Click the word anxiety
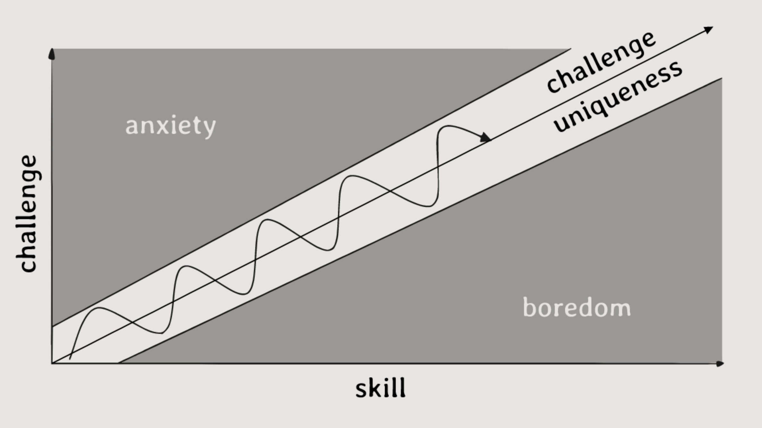[170, 126]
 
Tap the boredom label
[577, 308]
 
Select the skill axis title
[380, 388]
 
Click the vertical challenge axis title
[28, 214]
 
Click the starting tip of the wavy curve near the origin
[70, 358]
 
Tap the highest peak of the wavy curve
[447, 126]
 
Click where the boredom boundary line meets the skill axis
[119, 363]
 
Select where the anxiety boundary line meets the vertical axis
[52, 327]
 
